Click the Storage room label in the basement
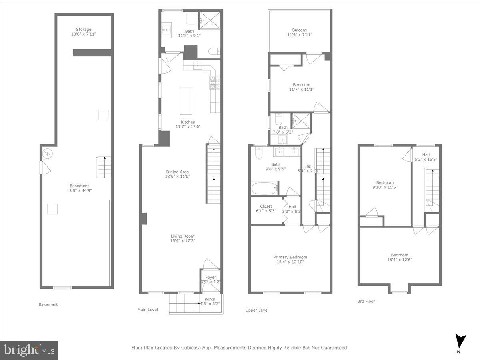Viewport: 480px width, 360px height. click(x=84, y=29)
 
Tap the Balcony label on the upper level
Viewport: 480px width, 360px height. click(x=300, y=30)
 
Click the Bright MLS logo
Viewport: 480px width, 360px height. click(x=29, y=350)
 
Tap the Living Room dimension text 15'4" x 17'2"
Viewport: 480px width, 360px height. click(x=183, y=241)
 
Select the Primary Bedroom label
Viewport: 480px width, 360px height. click(x=290, y=257)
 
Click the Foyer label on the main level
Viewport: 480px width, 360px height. click(x=210, y=277)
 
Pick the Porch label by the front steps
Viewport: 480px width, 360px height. click(x=210, y=299)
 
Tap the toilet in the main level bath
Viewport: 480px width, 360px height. click(x=214, y=51)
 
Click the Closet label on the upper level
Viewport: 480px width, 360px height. click(x=266, y=206)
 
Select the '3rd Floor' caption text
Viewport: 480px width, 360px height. click(x=366, y=301)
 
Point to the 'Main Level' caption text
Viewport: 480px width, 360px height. click(x=147, y=310)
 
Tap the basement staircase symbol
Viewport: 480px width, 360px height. click(x=104, y=168)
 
